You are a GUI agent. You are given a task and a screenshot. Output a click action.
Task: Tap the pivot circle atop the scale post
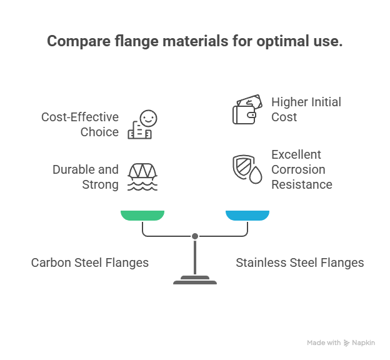pyautogui.click(x=195, y=236)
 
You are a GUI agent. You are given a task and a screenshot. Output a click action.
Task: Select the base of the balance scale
pyautogui.click(x=195, y=280)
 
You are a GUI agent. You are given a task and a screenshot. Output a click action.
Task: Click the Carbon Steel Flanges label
pyautogui.click(x=90, y=262)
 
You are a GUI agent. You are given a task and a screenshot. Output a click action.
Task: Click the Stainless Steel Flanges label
pyautogui.click(x=299, y=262)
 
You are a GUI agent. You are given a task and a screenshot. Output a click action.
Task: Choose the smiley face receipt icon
pyautogui.click(x=142, y=124)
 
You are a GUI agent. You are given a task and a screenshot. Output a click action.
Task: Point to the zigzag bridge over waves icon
pyautogui.click(x=142, y=177)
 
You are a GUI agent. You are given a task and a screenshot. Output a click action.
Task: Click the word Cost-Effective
pyautogui.click(x=80, y=117)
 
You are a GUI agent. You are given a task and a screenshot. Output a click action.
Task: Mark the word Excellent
pyautogui.click(x=296, y=154)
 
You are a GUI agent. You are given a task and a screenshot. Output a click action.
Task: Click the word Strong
pyautogui.click(x=100, y=184)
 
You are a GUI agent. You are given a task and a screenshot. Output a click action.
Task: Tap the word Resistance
pyautogui.click(x=302, y=184)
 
